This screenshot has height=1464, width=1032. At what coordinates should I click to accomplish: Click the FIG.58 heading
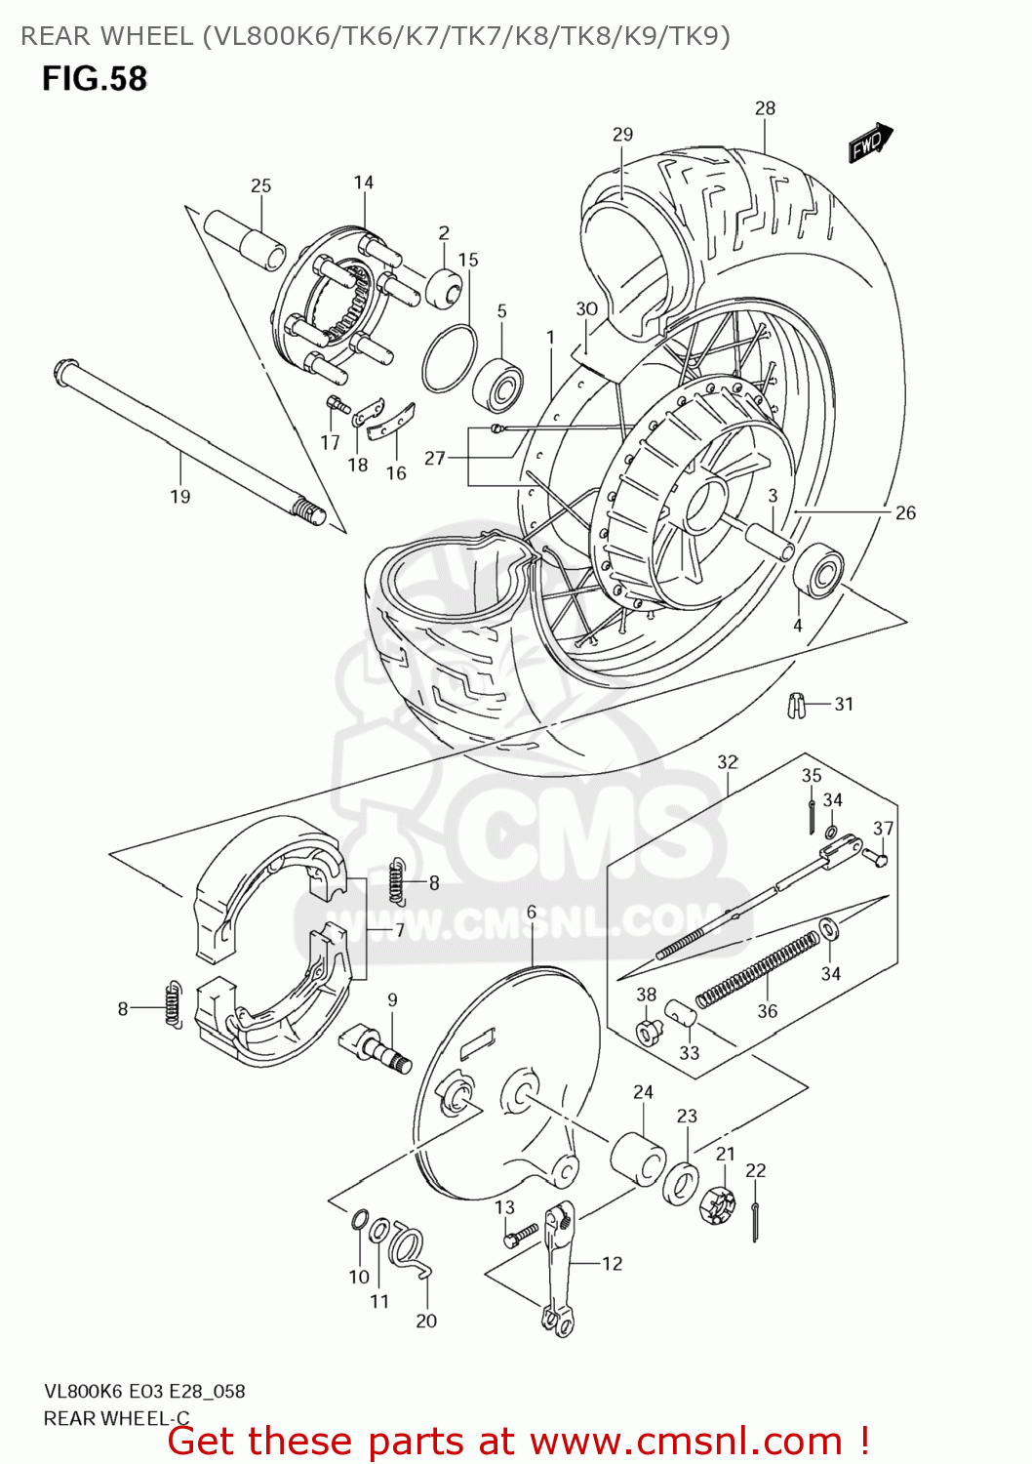click(95, 79)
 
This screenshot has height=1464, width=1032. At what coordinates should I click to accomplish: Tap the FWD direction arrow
click(869, 143)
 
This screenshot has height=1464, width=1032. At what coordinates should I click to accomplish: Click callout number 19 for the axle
click(180, 497)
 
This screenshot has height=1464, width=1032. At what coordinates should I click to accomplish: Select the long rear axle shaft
click(185, 438)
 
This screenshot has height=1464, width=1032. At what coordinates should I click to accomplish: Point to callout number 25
click(260, 185)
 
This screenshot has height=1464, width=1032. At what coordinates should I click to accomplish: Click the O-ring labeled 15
click(449, 358)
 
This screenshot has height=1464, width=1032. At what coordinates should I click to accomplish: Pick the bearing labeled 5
click(497, 383)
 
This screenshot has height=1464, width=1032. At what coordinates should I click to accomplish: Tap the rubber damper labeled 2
click(444, 288)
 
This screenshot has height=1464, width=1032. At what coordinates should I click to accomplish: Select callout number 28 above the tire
click(765, 108)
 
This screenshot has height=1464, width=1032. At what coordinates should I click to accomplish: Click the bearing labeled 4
click(817, 571)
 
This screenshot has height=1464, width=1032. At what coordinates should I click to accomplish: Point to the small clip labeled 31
click(797, 705)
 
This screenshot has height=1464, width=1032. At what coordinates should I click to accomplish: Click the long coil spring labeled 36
click(758, 968)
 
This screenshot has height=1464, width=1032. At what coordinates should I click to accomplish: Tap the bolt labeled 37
click(875, 858)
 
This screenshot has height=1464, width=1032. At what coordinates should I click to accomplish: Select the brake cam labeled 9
click(375, 1049)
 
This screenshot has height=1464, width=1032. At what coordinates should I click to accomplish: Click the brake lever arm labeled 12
click(559, 1269)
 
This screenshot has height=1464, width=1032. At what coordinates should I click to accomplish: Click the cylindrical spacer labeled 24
click(638, 1159)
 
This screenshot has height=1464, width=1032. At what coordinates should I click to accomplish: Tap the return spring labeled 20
click(409, 1250)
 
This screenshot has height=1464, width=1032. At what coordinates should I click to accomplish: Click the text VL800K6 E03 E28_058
click(144, 1392)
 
